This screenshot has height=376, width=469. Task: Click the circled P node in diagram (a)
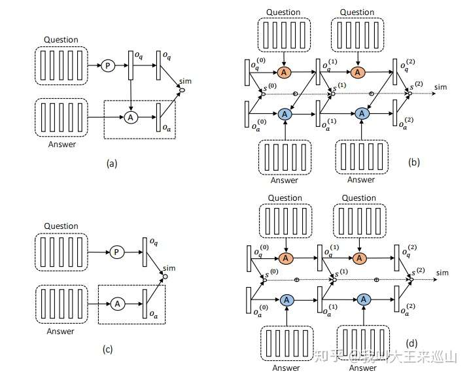pos(107,65)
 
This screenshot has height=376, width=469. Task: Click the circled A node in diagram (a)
pos(130,117)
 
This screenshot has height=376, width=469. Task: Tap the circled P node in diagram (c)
pos(116,252)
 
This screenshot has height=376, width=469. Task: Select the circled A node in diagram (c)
pos(117,303)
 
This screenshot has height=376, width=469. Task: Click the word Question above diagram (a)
pos(61,40)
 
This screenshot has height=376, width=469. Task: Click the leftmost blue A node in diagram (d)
pos(286,299)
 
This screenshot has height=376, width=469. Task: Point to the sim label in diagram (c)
pos(169,267)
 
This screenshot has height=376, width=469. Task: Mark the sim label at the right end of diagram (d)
pos(443,272)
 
